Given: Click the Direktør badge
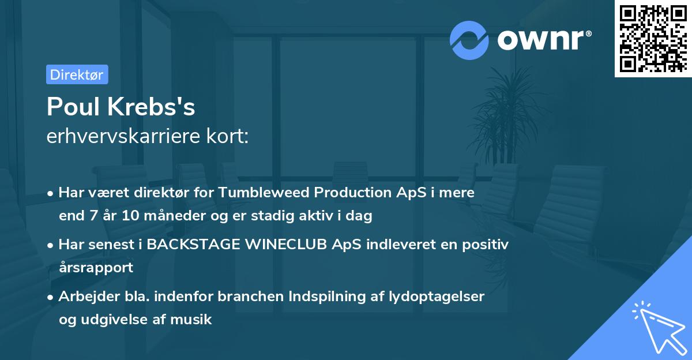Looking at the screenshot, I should coord(77,74).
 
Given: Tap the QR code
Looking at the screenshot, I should coord(652,39).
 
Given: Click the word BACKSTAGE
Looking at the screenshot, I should coord(194,245).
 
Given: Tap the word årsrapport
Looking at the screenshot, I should coord(96,268).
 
